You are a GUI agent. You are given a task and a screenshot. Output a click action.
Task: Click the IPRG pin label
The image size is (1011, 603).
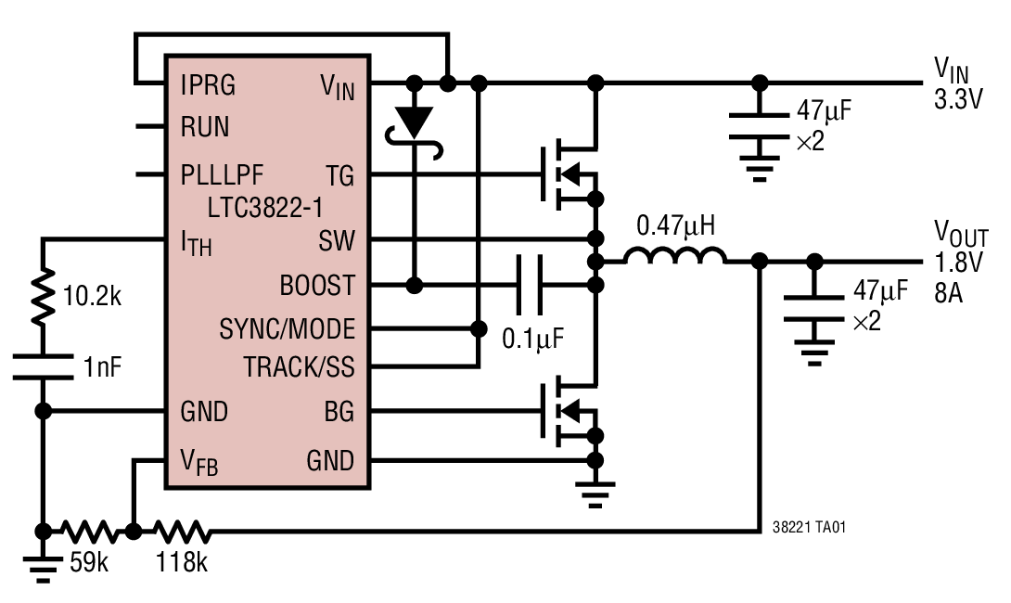[x=209, y=86]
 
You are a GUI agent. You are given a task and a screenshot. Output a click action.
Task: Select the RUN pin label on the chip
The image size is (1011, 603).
[x=205, y=127]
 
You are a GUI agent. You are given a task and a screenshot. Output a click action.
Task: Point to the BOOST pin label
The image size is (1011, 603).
[x=317, y=285]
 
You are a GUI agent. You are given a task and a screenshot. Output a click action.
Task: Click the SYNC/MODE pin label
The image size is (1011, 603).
[x=287, y=329]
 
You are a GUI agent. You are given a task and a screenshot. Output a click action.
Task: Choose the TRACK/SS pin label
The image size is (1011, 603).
[x=299, y=367]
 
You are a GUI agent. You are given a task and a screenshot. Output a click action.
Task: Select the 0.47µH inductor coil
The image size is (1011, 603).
[x=674, y=258]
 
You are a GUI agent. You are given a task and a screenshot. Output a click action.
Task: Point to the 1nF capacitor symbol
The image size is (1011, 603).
[x=43, y=366]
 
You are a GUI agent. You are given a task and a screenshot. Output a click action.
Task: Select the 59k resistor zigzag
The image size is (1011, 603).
[x=90, y=532]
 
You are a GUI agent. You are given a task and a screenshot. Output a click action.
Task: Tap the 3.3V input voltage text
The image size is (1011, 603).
[x=958, y=100]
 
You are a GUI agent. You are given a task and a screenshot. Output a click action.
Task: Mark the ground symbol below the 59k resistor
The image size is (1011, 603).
[x=43, y=566]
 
